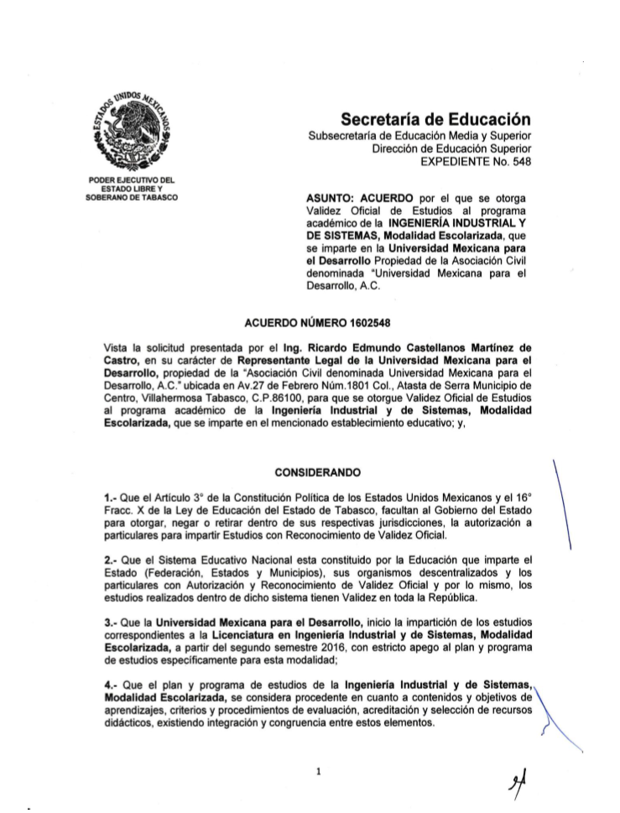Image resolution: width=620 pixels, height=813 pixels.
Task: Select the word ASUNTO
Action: (333, 198)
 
